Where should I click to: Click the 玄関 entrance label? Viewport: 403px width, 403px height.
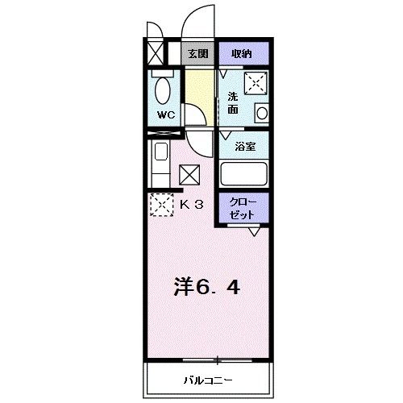point(197,55)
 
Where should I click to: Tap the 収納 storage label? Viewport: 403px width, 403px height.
point(242,54)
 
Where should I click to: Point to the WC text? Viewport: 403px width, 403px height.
point(165,114)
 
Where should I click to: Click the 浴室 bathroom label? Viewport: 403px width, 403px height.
point(244,147)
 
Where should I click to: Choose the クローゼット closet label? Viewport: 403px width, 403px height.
point(243,208)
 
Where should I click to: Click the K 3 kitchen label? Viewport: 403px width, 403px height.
point(191,204)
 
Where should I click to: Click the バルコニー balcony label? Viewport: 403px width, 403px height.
point(206,379)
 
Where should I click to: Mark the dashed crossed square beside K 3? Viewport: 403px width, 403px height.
point(161,205)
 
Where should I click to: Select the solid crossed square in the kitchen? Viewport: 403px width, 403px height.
point(190,174)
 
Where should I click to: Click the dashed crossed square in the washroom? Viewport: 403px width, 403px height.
point(256,82)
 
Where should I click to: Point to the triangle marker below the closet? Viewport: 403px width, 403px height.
point(254,232)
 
